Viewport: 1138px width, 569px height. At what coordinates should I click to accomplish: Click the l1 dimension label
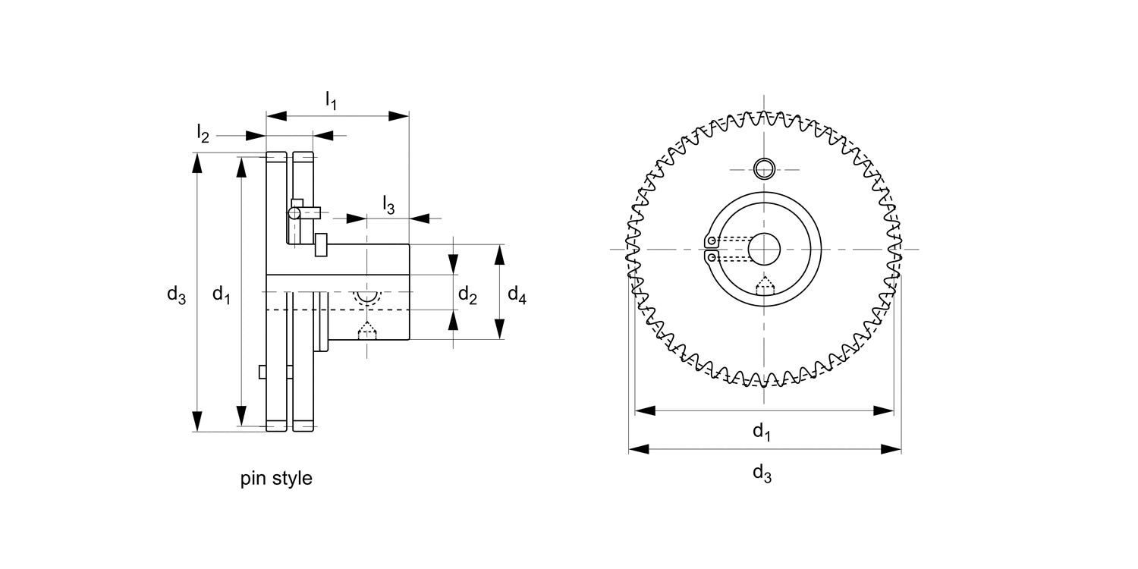pos(331,99)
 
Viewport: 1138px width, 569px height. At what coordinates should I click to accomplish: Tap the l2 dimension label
pos(203,134)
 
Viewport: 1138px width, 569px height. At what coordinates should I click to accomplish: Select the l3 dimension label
pos(388,204)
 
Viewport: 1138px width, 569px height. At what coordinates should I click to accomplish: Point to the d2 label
pos(467,296)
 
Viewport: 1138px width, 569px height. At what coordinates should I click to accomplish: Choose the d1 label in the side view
pos(221,294)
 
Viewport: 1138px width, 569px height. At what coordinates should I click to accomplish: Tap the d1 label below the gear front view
pos(762,432)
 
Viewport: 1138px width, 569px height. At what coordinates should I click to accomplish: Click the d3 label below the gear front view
pos(762,473)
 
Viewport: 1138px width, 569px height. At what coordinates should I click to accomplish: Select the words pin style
pos(276,479)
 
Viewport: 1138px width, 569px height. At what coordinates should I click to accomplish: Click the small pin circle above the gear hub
pos(763,168)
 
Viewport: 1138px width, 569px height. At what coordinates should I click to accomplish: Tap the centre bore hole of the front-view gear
pos(763,249)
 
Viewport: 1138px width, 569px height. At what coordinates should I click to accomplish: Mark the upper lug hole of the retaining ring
pos(710,242)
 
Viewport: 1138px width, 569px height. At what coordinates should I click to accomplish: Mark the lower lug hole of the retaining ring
pos(710,256)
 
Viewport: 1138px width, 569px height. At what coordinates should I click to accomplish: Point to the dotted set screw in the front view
pos(765,284)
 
